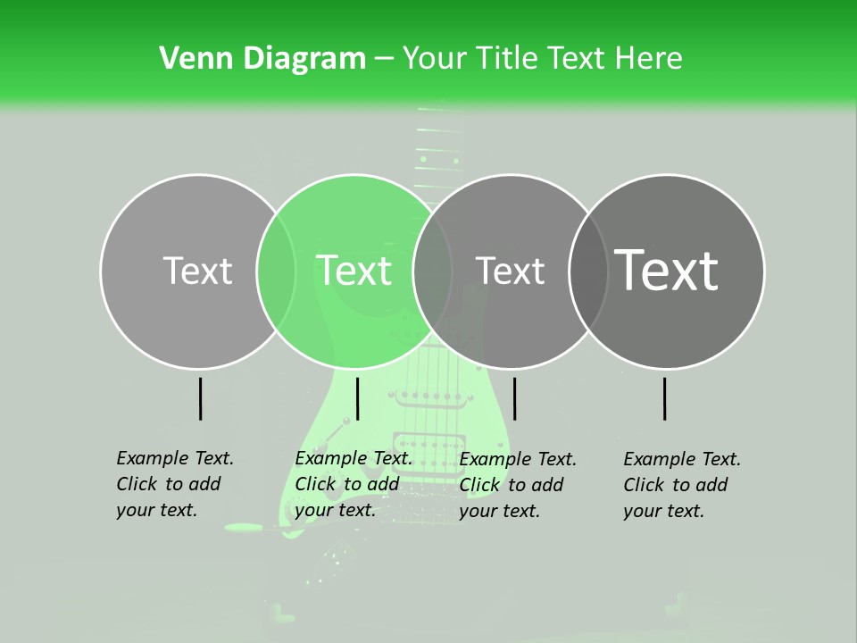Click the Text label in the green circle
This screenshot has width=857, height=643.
(354, 271)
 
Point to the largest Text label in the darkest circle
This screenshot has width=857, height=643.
(667, 270)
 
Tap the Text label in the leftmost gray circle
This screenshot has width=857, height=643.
(198, 271)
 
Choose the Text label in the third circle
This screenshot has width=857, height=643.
(511, 271)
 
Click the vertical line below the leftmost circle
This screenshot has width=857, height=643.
(200, 398)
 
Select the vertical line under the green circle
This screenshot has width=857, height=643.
(357, 398)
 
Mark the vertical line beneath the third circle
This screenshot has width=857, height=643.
(514, 398)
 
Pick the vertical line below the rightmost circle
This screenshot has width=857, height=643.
(664, 398)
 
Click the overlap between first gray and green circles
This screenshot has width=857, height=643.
(277, 271)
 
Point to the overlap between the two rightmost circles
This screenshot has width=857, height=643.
(589, 271)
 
